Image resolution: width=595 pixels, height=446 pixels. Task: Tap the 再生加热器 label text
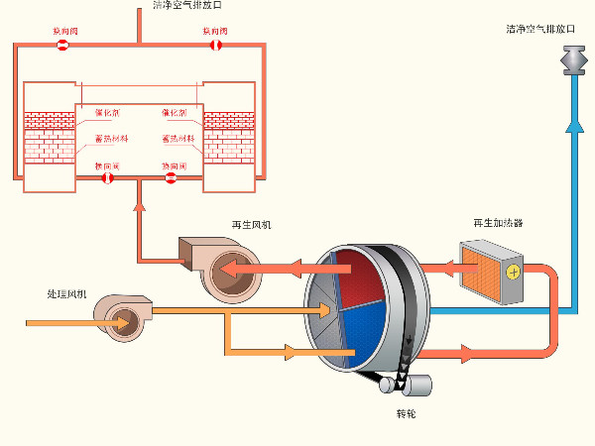coord(497,224)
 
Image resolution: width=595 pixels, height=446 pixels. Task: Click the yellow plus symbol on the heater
coord(512,272)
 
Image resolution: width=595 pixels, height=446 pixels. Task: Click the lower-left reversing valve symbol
coord(108,178)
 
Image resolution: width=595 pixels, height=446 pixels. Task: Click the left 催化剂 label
coord(106,113)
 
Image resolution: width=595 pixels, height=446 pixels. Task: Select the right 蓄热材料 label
coord(178,139)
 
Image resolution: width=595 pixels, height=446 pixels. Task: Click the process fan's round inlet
coord(124,320)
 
